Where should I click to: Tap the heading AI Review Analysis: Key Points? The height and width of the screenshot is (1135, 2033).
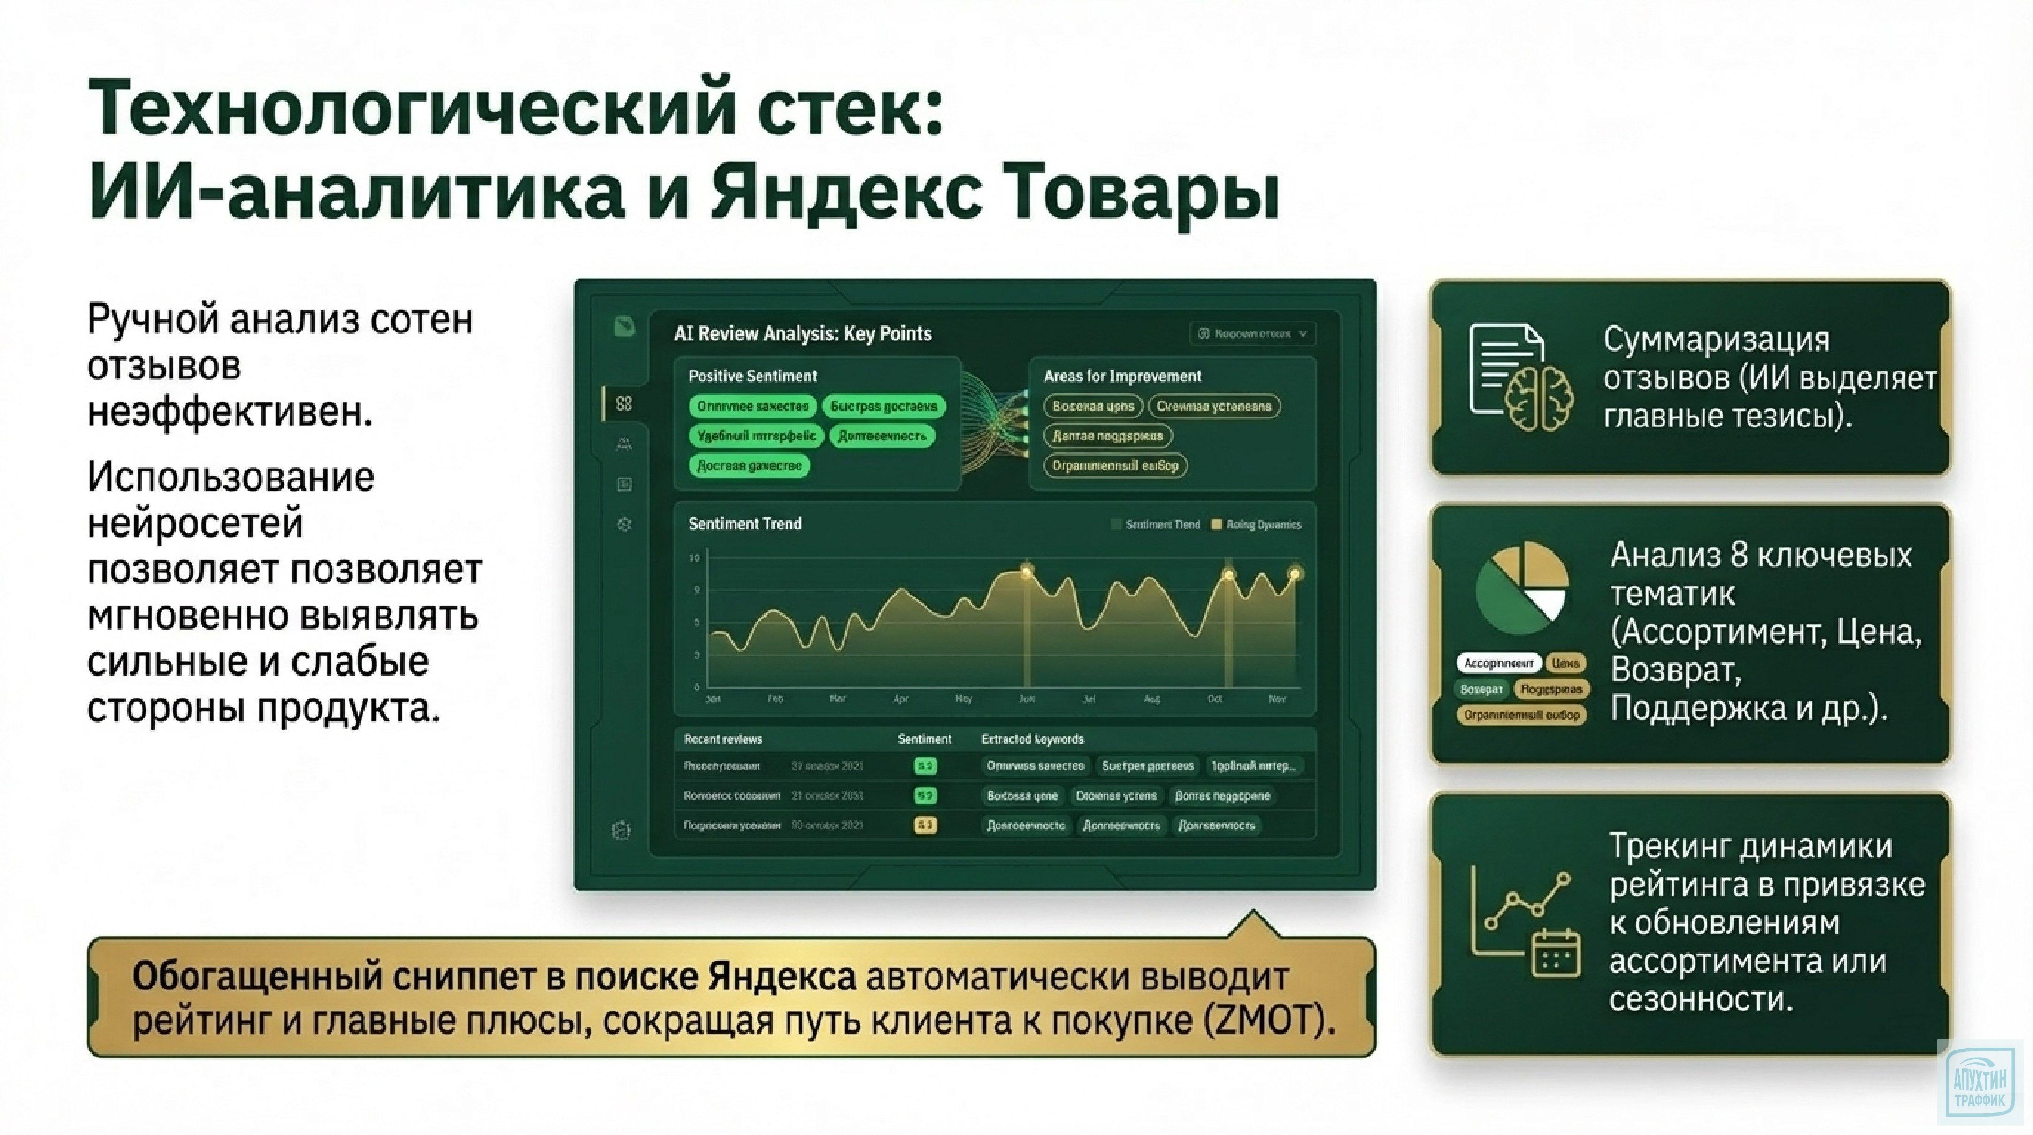[x=803, y=334]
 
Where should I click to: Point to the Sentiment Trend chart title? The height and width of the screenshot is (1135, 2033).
[x=744, y=524]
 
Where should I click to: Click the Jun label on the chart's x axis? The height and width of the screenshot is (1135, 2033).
[x=1026, y=699]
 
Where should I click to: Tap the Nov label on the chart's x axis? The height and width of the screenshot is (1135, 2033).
[x=1276, y=699]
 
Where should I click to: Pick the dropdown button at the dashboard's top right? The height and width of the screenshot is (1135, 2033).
[x=1252, y=334]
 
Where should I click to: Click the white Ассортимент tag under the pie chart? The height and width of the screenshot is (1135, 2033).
[x=1498, y=663]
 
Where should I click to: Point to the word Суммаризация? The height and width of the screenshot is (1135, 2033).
[x=1716, y=340]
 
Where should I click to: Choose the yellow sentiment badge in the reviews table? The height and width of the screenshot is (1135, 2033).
[x=925, y=826]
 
